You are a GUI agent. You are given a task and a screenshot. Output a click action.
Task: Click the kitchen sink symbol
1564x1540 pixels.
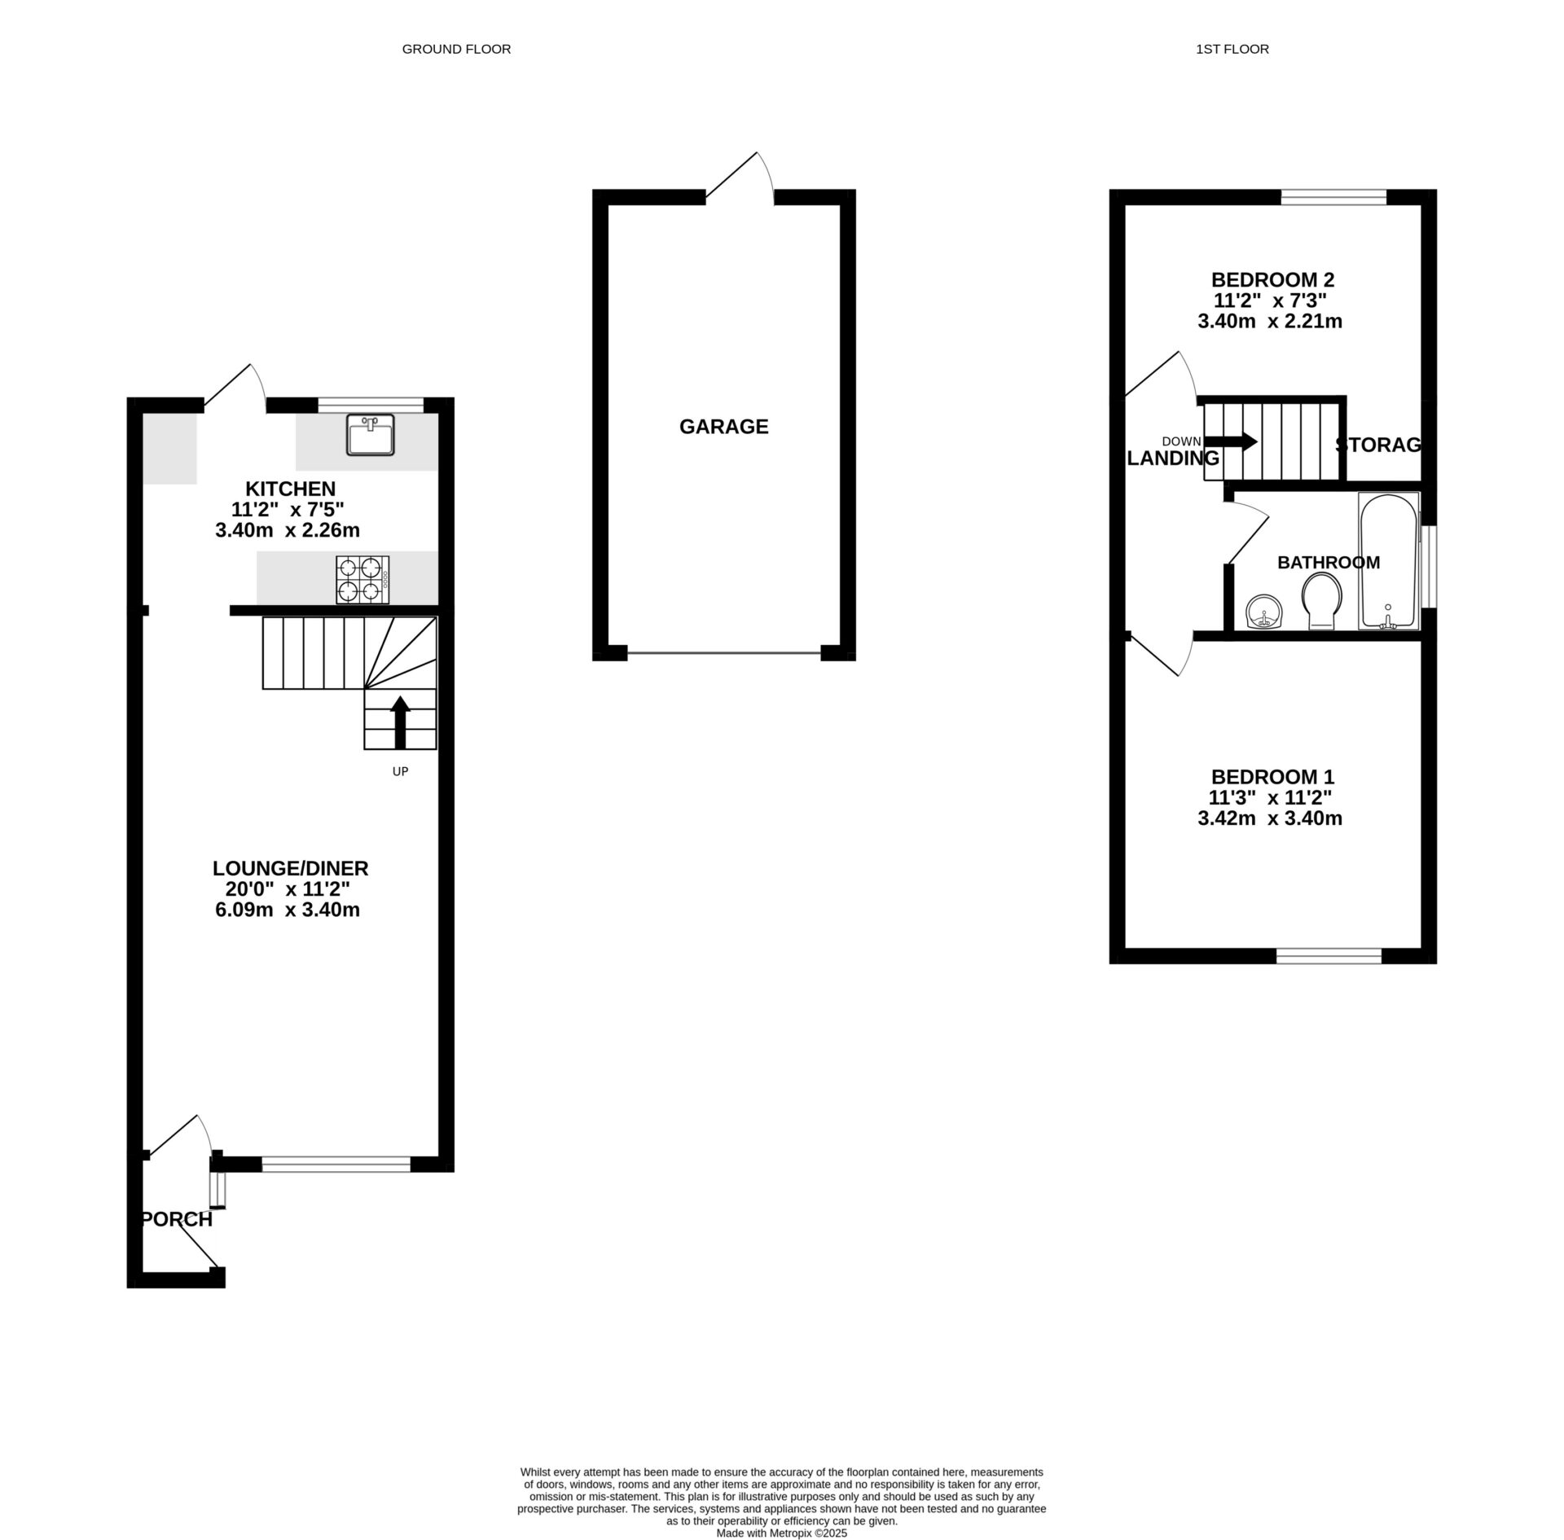click(370, 434)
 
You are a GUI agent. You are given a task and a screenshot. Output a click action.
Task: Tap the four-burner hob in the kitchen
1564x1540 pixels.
click(362, 580)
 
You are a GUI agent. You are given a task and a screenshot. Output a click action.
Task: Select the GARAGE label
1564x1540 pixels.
click(723, 427)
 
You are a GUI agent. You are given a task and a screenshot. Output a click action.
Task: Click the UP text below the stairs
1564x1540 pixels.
click(400, 771)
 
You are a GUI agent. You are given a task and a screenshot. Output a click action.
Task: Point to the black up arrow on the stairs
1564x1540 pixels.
click(400, 722)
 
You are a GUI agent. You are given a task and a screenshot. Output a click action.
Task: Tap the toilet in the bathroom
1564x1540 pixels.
click(1321, 601)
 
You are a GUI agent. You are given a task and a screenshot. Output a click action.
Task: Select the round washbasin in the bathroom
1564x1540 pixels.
click(1264, 612)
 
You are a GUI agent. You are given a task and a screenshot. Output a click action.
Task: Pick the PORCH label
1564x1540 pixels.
click(177, 1219)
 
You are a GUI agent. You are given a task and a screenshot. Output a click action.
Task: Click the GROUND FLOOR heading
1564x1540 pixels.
click(456, 49)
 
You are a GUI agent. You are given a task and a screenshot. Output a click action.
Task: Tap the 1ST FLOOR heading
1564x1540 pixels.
click(1232, 49)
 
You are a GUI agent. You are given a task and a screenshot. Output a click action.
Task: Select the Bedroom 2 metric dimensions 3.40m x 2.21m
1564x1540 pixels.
click(1269, 322)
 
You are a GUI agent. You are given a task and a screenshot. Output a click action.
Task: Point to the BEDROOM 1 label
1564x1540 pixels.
click(1272, 777)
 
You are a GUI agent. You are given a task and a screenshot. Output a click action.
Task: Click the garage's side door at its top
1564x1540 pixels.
click(738, 178)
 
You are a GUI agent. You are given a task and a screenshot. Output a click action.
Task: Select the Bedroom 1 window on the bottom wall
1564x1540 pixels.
click(1329, 956)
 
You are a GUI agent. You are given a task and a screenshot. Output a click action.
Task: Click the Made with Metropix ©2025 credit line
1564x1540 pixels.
click(781, 1533)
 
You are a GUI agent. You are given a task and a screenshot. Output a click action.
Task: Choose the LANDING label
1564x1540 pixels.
click(1173, 458)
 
